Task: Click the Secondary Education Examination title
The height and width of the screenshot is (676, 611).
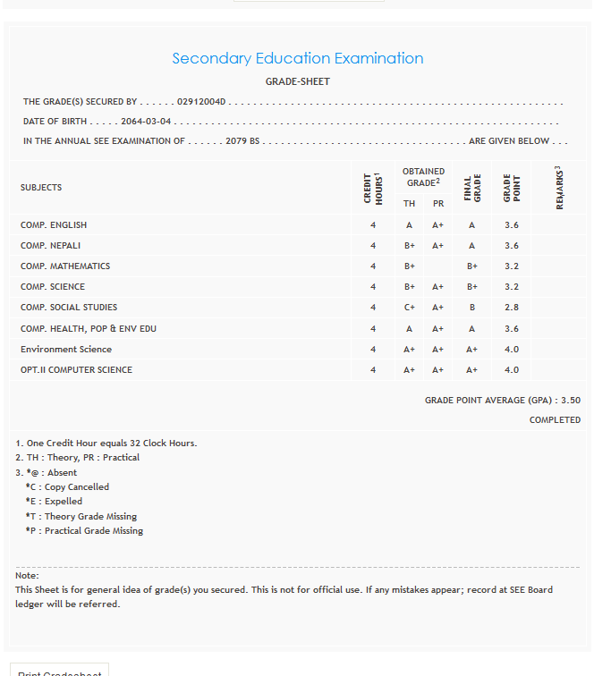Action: [x=297, y=58]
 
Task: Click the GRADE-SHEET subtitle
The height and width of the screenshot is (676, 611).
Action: [x=297, y=81]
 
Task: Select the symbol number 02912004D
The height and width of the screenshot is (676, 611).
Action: [x=202, y=102]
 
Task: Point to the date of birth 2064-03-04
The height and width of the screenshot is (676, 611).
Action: [x=147, y=122]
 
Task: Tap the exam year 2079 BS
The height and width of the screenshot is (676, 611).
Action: [x=242, y=141]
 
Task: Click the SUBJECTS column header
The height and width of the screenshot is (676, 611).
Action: [x=41, y=188]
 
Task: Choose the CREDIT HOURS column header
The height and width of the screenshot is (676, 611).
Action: [x=373, y=188]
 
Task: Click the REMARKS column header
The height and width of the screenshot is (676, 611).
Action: [x=560, y=188]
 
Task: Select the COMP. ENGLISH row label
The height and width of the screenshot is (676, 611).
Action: [x=54, y=225]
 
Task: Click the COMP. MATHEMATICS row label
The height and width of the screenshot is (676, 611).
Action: [x=65, y=266]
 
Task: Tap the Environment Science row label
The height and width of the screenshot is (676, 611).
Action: [x=66, y=350]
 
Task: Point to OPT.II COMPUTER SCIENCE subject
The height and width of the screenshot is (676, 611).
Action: [x=76, y=370]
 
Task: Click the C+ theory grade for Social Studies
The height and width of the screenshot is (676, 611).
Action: [x=409, y=308]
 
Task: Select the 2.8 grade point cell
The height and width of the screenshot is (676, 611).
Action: [x=511, y=308]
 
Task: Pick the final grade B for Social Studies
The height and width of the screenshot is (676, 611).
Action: [x=471, y=308]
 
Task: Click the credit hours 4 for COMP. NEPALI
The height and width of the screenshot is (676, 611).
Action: [x=373, y=246]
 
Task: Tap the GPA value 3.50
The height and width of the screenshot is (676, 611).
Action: [x=571, y=401]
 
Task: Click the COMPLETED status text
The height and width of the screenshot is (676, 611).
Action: [x=555, y=420]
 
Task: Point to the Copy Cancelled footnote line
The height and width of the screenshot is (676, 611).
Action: [x=68, y=487]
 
